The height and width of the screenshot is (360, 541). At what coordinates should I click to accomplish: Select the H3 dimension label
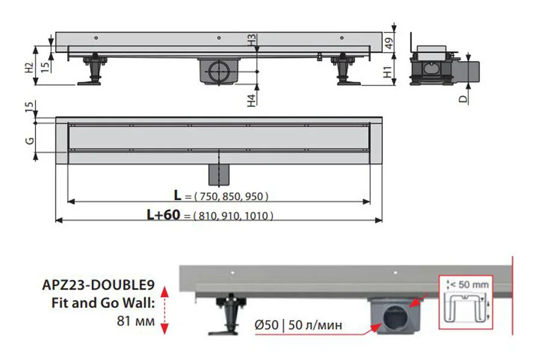coord(252,41)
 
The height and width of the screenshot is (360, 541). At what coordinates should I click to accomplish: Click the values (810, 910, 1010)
coord(233,216)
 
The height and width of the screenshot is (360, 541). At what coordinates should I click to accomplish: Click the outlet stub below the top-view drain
coord(218,174)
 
